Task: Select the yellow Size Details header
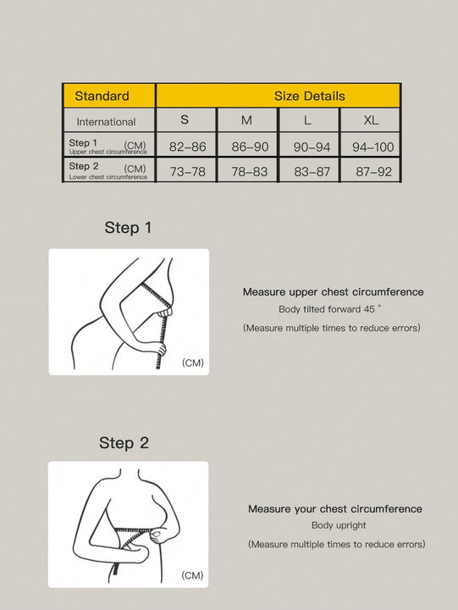point(279,96)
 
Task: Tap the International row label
point(106,121)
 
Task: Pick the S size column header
point(185,120)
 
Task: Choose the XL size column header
point(371,120)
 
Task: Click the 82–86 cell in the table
point(187,147)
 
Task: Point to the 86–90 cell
point(250,147)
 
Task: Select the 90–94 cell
point(312,147)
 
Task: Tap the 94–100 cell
point(372,147)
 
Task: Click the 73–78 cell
point(187,170)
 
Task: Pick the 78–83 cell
point(250,170)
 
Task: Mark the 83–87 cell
point(312,170)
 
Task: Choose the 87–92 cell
point(372,170)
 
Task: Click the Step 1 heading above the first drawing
point(128,228)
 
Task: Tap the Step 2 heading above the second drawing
point(124,443)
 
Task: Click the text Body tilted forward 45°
point(330,310)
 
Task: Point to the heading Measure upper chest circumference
point(334,292)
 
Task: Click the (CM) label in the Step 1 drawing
point(193,363)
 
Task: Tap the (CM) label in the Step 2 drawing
point(192,575)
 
